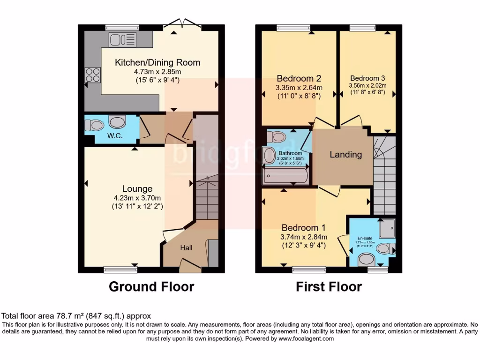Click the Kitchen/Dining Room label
coord(157,62)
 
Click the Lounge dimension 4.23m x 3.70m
coord(137,197)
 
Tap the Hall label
coord(186,248)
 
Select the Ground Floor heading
coord(151,286)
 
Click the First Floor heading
coord(329,286)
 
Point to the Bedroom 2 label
coord(299,78)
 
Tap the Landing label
coord(345,154)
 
